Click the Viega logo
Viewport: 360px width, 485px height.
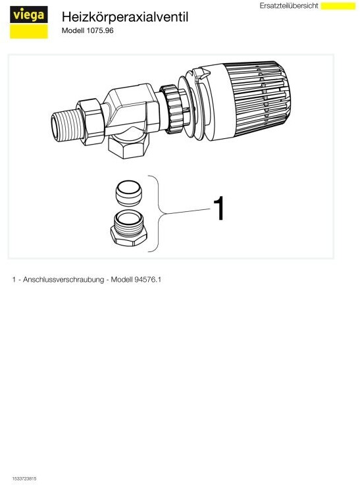[x=28, y=22]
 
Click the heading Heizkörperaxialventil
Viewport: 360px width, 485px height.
[x=124, y=17]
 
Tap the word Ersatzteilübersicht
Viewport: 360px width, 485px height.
[x=289, y=5]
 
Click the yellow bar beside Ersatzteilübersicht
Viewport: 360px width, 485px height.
[x=338, y=6]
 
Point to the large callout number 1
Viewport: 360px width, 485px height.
[x=219, y=209]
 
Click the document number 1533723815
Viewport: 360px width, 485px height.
[x=24, y=478]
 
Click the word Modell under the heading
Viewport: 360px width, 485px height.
[x=73, y=31]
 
